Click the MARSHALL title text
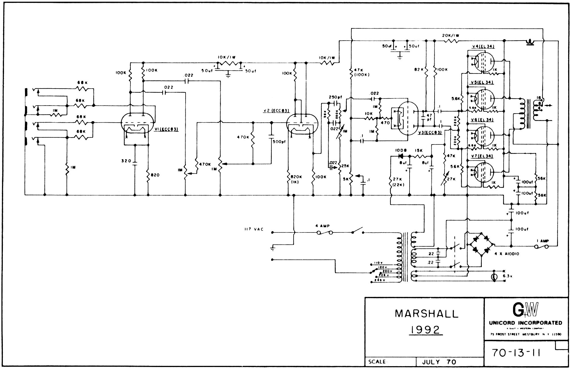tap(427, 314)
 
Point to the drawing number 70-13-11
tap(516, 353)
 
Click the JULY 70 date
tap(439, 362)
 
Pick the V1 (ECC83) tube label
tap(166, 129)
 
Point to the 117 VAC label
tap(254, 229)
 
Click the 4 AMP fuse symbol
tap(325, 233)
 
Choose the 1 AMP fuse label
tap(542, 241)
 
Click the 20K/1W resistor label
tap(450, 35)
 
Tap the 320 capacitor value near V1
tap(126, 161)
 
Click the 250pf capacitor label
tap(335, 97)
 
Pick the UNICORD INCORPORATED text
tap(526, 323)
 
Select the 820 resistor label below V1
tap(155, 175)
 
